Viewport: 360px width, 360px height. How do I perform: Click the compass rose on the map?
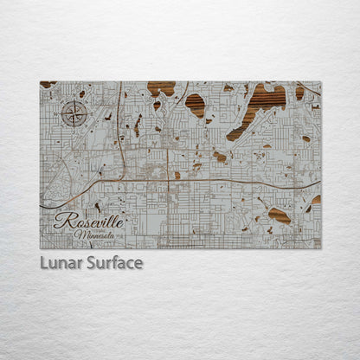(x=75, y=113)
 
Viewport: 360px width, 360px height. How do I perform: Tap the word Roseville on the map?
(x=89, y=221)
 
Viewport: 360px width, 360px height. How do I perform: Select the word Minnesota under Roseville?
(x=97, y=235)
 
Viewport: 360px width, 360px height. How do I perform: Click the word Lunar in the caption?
(x=60, y=262)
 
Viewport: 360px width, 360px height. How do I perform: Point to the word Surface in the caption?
(x=113, y=262)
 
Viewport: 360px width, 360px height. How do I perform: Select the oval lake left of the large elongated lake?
(x=196, y=105)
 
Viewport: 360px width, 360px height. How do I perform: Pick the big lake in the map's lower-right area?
(x=279, y=215)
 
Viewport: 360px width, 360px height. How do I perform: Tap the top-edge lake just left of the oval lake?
(x=161, y=87)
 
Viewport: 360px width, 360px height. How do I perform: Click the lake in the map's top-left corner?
(x=48, y=85)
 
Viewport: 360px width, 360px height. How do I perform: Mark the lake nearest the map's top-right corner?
(x=300, y=92)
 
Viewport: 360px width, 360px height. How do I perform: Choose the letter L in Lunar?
(x=44, y=262)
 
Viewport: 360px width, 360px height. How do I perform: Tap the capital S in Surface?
(x=89, y=262)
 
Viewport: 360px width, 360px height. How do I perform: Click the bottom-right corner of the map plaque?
(x=320, y=248)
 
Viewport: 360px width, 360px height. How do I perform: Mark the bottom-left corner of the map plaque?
(x=40, y=248)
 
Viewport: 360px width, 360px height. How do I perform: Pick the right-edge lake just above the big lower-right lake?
(x=315, y=200)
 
